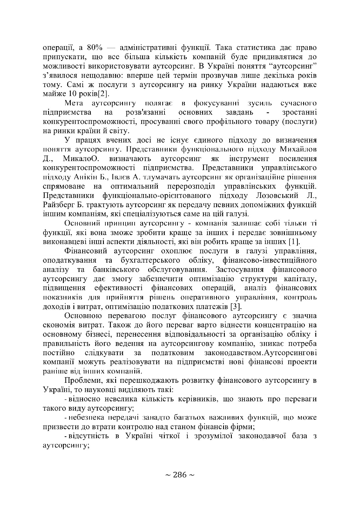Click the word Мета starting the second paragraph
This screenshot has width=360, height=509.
pyautogui.click(x=74, y=104)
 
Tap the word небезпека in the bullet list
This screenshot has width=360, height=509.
pyautogui.click(x=86, y=418)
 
